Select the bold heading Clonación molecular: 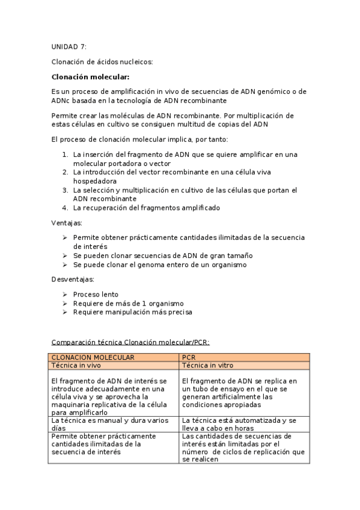(90, 76)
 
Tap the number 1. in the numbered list (66, 155)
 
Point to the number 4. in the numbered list (66, 208)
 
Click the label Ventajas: (66, 223)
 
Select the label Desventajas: (72, 280)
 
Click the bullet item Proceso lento (96, 295)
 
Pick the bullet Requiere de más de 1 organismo (128, 304)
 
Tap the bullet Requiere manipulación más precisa (132, 312)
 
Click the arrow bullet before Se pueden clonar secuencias (65, 256)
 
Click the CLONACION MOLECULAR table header (93, 357)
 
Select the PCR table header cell (188, 357)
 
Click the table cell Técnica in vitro (207, 365)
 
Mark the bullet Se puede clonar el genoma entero (159, 265)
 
